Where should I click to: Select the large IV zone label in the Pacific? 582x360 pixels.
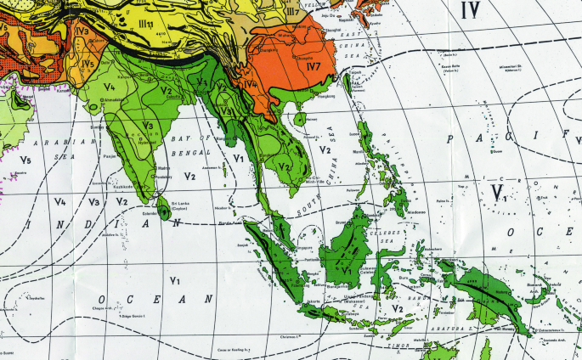469,10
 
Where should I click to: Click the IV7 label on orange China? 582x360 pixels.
313,64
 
